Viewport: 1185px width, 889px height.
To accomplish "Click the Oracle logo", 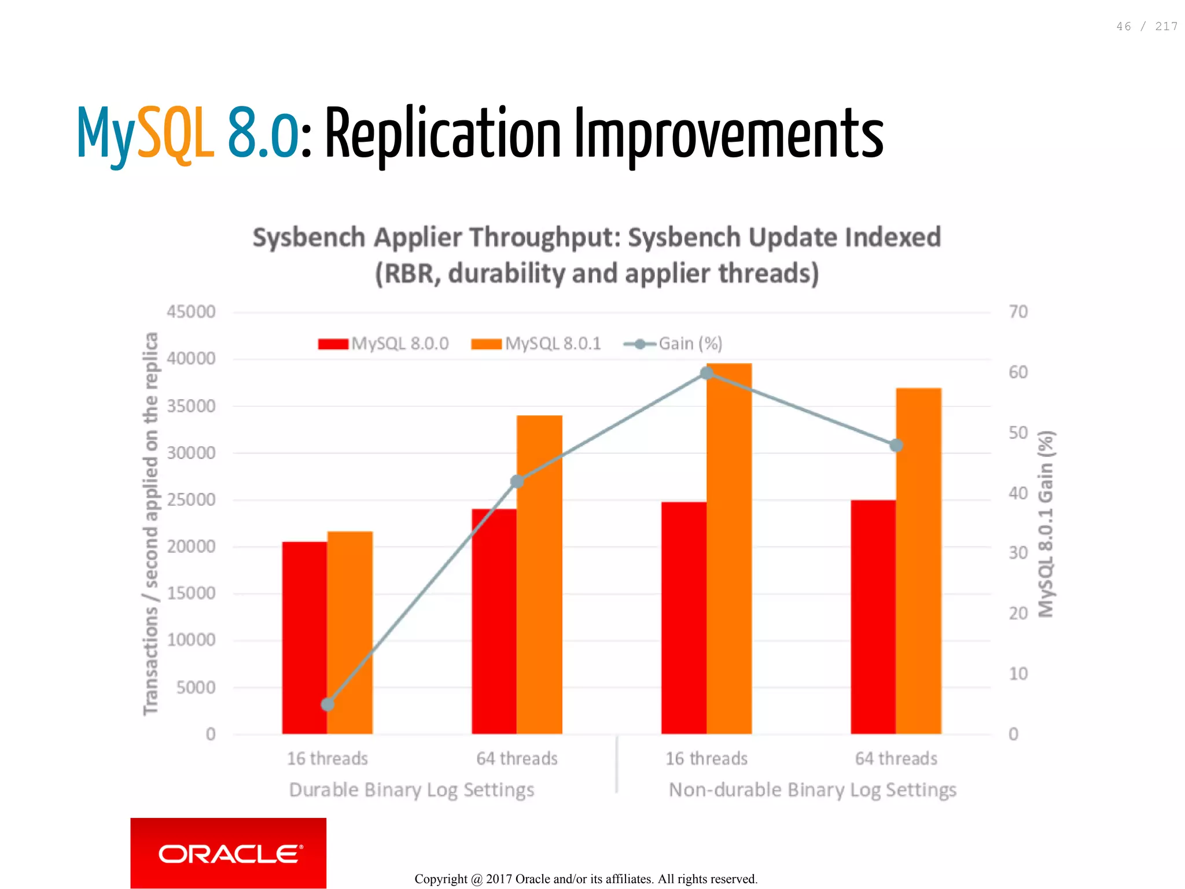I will (x=228, y=853).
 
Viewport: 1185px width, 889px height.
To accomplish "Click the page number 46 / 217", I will (x=1146, y=27).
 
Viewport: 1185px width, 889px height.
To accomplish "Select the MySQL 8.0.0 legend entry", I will (x=384, y=344).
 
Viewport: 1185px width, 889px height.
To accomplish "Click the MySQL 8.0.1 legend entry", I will (x=536, y=344).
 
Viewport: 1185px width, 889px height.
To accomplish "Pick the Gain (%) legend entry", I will (x=674, y=344).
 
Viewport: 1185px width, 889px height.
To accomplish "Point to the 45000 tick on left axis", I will (x=191, y=312).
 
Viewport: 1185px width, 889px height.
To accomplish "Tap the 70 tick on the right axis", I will (x=1018, y=312).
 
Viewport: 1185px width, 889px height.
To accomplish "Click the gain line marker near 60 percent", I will (x=706, y=373).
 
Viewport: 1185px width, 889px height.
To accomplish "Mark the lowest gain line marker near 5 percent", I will (x=327, y=704).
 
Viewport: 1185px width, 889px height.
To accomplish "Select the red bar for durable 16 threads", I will (x=304, y=636).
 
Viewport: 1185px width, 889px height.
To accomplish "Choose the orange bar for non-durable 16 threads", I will (x=729, y=549).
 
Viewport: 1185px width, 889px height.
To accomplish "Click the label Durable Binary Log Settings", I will (x=411, y=790).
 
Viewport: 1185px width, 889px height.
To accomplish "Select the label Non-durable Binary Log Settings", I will (x=812, y=790).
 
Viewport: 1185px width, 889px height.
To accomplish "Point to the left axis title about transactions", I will (x=150, y=523).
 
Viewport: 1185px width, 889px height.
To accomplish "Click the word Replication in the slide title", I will (x=443, y=134).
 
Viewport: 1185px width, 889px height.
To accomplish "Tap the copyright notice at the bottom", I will (x=586, y=879).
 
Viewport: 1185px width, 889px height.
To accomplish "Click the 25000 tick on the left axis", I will (x=191, y=499).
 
